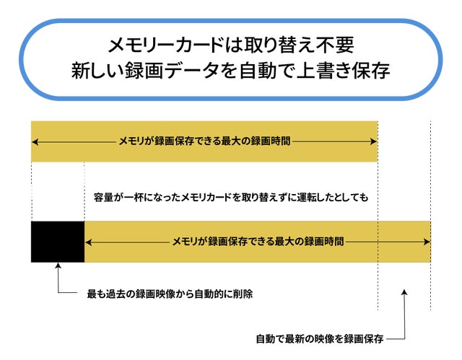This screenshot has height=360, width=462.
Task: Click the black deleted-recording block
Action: pyautogui.click(x=58, y=242)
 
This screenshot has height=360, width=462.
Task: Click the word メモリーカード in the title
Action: pyautogui.click(x=165, y=45)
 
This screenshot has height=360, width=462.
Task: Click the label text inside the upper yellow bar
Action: pyautogui.click(x=204, y=141)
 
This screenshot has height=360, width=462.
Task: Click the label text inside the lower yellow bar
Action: pyautogui.click(x=258, y=242)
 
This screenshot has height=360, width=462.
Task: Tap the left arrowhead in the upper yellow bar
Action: pyautogui.click(x=35, y=142)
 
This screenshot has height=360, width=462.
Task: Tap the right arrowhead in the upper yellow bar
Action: pyautogui.click(x=373, y=141)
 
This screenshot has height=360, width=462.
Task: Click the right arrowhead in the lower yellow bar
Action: pyautogui.click(x=427, y=242)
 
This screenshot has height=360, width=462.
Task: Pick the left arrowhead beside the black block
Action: pyautogui.click(x=88, y=242)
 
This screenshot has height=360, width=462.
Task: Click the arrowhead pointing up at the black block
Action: pyautogui.click(x=58, y=265)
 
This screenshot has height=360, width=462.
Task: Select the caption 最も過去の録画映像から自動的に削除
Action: pyautogui.click(x=170, y=294)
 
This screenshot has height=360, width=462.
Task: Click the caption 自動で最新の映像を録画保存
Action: pyautogui.click(x=320, y=339)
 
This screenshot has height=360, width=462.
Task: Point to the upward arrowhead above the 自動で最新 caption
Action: pyautogui.click(x=404, y=292)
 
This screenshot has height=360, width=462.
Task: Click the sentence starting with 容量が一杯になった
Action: pyautogui.click(x=231, y=197)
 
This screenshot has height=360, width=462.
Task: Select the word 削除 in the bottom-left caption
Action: pyautogui.click(x=243, y=294)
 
